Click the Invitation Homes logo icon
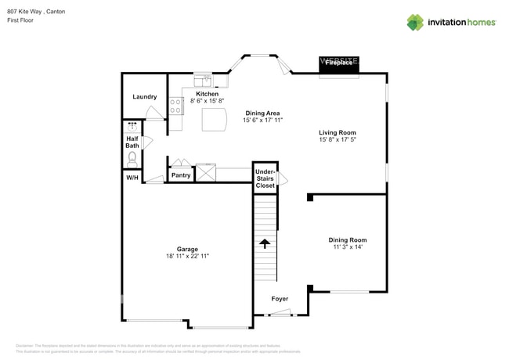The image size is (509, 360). click(x=414, y=23)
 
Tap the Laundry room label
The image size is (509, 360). click(x=144, y=97)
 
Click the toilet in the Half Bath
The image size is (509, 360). click(x=132, y=157)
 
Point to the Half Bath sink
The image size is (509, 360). click(x=132, y=126)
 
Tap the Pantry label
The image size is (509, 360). click(x=181, y=175)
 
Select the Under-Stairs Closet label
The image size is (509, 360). click(x=265, y=179)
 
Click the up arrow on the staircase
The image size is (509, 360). click(x=265, y=243)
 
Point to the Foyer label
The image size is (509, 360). click(x=280, y=299)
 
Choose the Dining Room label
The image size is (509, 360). click(x=347, y=240)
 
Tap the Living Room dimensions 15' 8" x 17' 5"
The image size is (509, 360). click(x=338, y=140)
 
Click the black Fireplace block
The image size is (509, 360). click(x=338, y=67)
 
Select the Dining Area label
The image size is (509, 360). click(x=262, y=113)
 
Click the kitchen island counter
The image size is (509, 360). click(x=214, y=120)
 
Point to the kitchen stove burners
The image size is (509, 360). click(x=175, y=106)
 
